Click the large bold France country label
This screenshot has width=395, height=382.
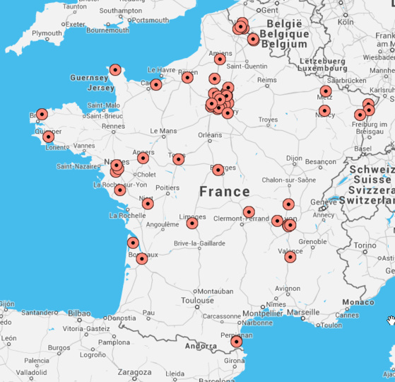[x=225, y=192]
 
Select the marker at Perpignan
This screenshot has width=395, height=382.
[x=237, y=342]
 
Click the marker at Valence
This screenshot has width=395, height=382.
[x=290, y=257]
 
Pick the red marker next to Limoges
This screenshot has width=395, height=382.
[x=192, y=224]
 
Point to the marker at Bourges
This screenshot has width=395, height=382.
[x=218, y=169]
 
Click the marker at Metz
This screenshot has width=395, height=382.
[x=326, y=91]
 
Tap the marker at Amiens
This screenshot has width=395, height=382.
[x=220, y=59]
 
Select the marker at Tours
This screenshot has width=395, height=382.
[x=179, y=159]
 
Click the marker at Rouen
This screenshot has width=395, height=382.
[x=187, y=77]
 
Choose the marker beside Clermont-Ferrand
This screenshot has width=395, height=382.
[x=249, y=212]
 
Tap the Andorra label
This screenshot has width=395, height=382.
[x=200, y=347]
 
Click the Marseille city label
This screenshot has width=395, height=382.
[x=304, y=312]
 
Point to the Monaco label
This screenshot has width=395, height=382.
[x=358, y=302]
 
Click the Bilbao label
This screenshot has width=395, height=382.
[x=79, y=313]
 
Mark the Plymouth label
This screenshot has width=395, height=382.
[x=47, y=33]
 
